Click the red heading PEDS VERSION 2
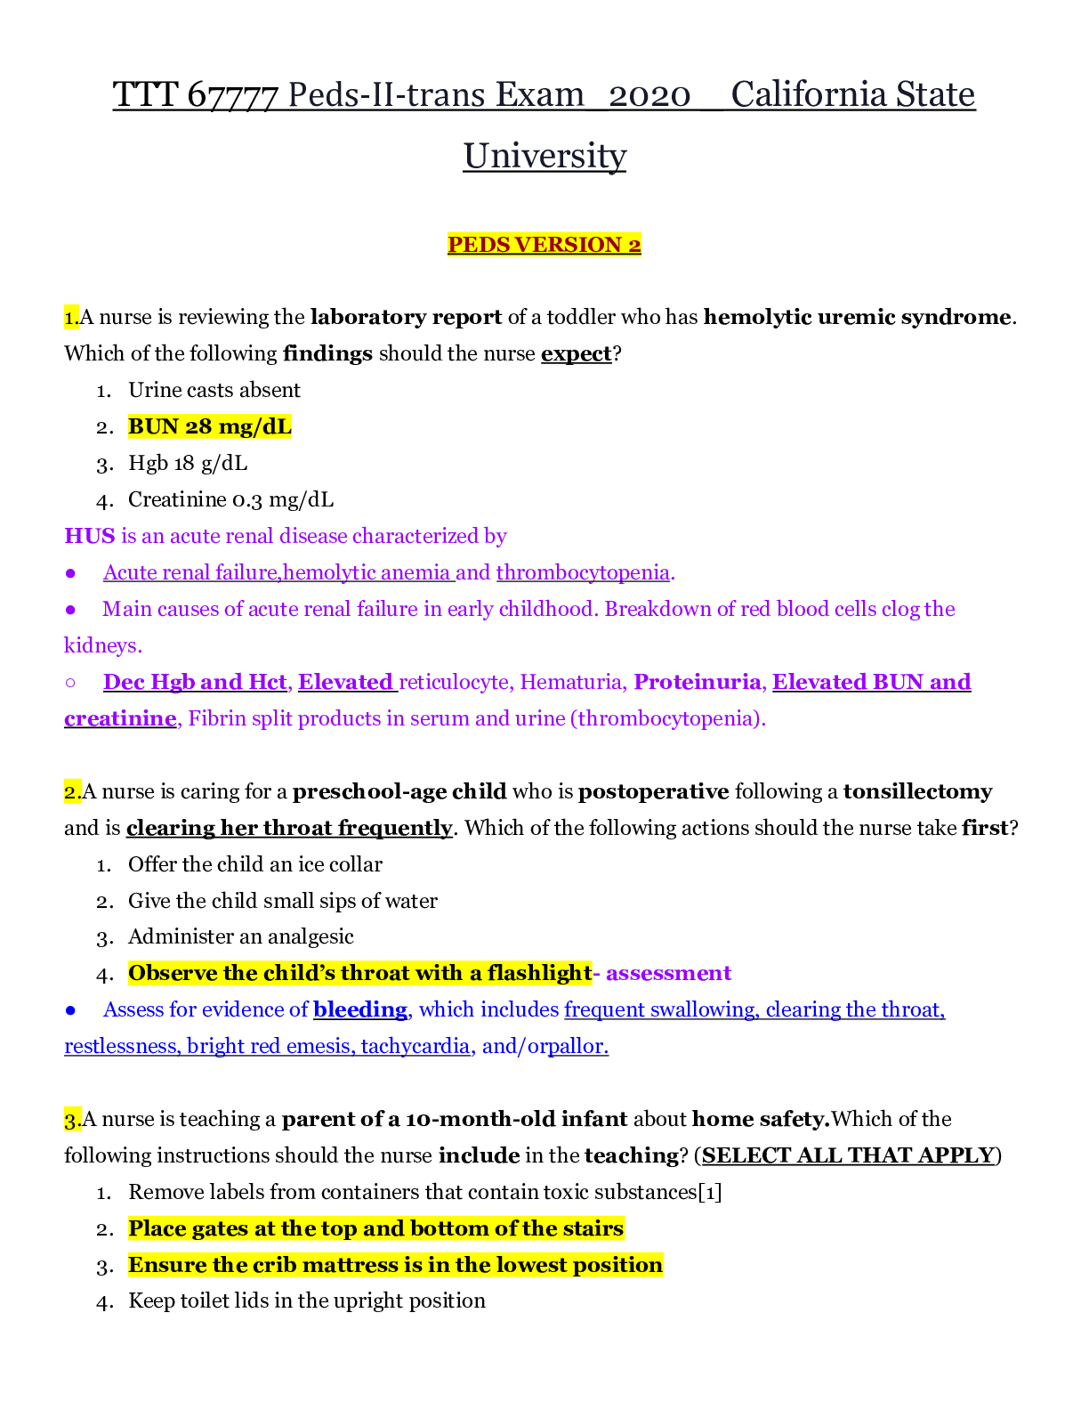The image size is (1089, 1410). pyautogui.click(x=544, y=245)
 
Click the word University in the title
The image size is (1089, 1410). pyautogui.click(x=544, y=156)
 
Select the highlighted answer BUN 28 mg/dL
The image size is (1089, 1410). pyautogui.click(x=209, y=427)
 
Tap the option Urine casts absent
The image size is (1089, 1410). pyautogui.click(x=214, y=391)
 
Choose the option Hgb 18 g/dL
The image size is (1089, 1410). pyautogui.click(x=188, y=464)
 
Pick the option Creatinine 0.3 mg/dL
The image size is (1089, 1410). pyautogui.click(x=230, y=500)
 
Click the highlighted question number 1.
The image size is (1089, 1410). pyautogui.click(x=71, y=318)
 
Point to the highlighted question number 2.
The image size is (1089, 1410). pyautogui.click(x=72, y=792)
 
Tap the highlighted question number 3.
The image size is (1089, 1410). pyautogui.click(x=72, y=1120)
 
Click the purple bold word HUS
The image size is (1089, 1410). pyautogui.click(x=89, y=537)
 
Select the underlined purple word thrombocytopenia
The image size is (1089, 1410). pyautogui.click(x=583, y=573)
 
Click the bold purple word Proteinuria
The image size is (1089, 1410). pyautogui.click(x=697, y=683)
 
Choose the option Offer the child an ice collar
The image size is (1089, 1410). pyautogui.click(x=254, y=865)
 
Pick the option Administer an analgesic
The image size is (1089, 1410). pyautogui.click(x=240, y=937)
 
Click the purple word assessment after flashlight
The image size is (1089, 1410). pyautogui.click(x=668, y=974)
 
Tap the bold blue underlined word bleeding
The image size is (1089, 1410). pyautogui.click(x=360, y=1010)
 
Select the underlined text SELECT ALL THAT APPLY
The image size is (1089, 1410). pyautogui.click(x=848, y=1156)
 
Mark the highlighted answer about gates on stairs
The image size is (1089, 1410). pyautogui.click(x=375, y=1229)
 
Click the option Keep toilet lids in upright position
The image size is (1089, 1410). pyautogui.click(x=306, y=1301)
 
